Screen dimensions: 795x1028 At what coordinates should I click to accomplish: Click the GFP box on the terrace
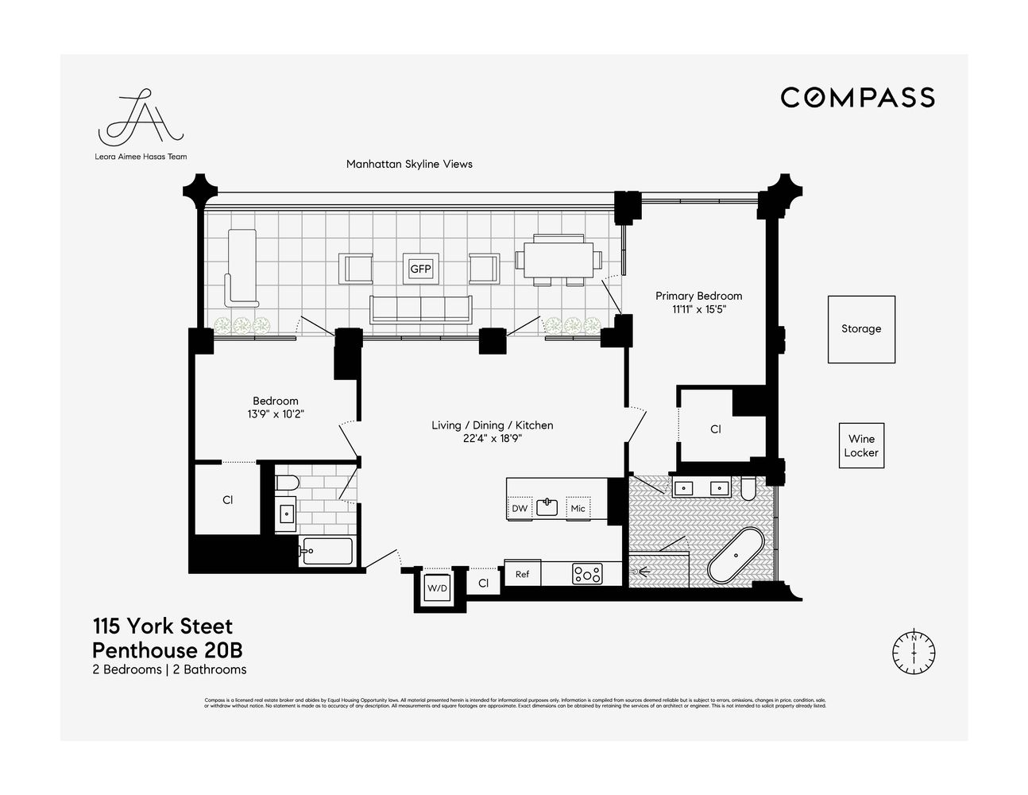click(x=420, y=269)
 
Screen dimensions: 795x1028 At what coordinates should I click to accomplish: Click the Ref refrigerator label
click(x=522, y=574)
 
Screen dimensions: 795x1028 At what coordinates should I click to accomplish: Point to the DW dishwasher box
click(x=520, y=508)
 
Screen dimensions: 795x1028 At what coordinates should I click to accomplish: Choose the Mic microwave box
click(x=578, y=508)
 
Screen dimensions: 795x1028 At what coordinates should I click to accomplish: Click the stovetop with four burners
click(x=587, y=574)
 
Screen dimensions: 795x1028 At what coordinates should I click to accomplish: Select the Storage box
click(x=861, y=329)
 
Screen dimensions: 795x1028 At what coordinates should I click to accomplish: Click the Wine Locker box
click(x=861, y=445)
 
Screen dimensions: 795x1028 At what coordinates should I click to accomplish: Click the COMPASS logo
click(x=857, y=98)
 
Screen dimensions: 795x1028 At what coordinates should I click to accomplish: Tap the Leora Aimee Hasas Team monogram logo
click(x=140, y=125)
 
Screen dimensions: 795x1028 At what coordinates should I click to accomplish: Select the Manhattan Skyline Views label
click(x=409, y=165)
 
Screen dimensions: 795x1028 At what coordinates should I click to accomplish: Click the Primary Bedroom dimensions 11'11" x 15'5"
click(x=698, y=310)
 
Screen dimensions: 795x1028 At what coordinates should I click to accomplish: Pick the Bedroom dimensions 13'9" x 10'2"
click(x=276, y=414)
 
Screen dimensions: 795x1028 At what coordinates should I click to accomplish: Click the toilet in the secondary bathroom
click(x=286, y=483)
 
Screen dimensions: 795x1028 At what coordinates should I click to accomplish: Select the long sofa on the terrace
click(x=420, y=308)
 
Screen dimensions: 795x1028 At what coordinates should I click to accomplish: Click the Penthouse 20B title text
click(x=167, y=650)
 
